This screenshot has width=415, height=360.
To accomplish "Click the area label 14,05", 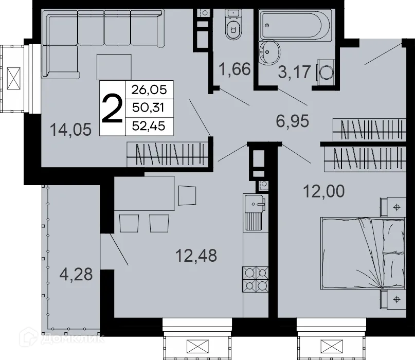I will tap(71, 129).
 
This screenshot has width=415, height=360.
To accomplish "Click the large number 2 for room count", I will tap(112, 109).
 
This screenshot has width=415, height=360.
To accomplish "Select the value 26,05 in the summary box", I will tap(149, 90).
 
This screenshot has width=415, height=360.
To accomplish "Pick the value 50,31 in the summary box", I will tap(149, 108).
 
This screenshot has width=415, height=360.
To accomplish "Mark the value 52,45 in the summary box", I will tap(149, 126).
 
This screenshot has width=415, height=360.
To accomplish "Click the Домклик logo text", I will tap(73, 338).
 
